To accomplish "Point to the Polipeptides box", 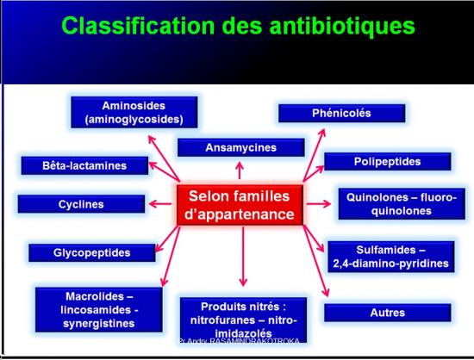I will point(387,161).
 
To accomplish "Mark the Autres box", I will point(386,312).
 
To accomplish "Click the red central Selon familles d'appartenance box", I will point(242,204).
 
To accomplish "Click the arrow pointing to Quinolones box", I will point(320,204).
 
